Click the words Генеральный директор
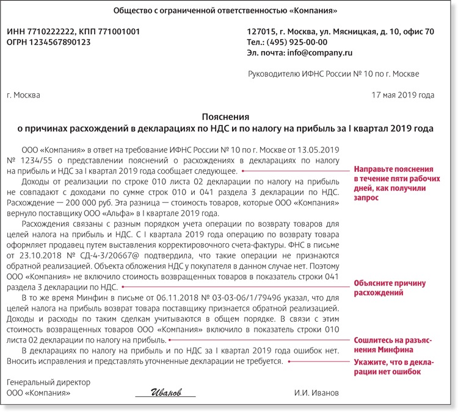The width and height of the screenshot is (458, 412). [48, 383]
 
